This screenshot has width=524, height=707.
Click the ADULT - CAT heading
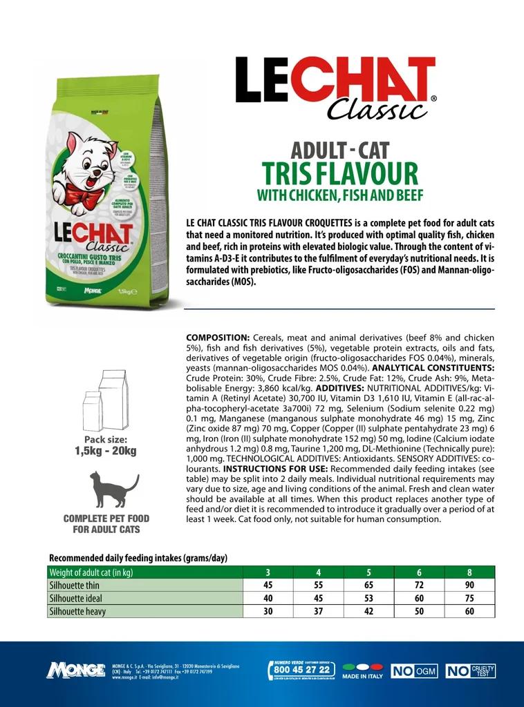coord(340,150)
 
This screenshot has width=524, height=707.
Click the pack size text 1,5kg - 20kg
coord(106,452)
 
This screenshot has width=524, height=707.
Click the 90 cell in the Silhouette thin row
coord(469,585)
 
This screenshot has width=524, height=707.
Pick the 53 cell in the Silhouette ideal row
coord(368,599)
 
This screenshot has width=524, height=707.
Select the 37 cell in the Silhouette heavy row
coord(318,612)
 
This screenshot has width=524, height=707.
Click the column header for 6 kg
coord(419,572)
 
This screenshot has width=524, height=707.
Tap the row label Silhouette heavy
coord(77,612)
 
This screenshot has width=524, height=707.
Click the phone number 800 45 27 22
coord(301,669)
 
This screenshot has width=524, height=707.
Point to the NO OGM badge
coord(414,670)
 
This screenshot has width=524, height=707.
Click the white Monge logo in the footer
coord(75,670)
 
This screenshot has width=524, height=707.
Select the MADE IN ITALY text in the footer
coord(362,677)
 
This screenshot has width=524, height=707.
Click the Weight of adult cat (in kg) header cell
coord(91,572)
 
